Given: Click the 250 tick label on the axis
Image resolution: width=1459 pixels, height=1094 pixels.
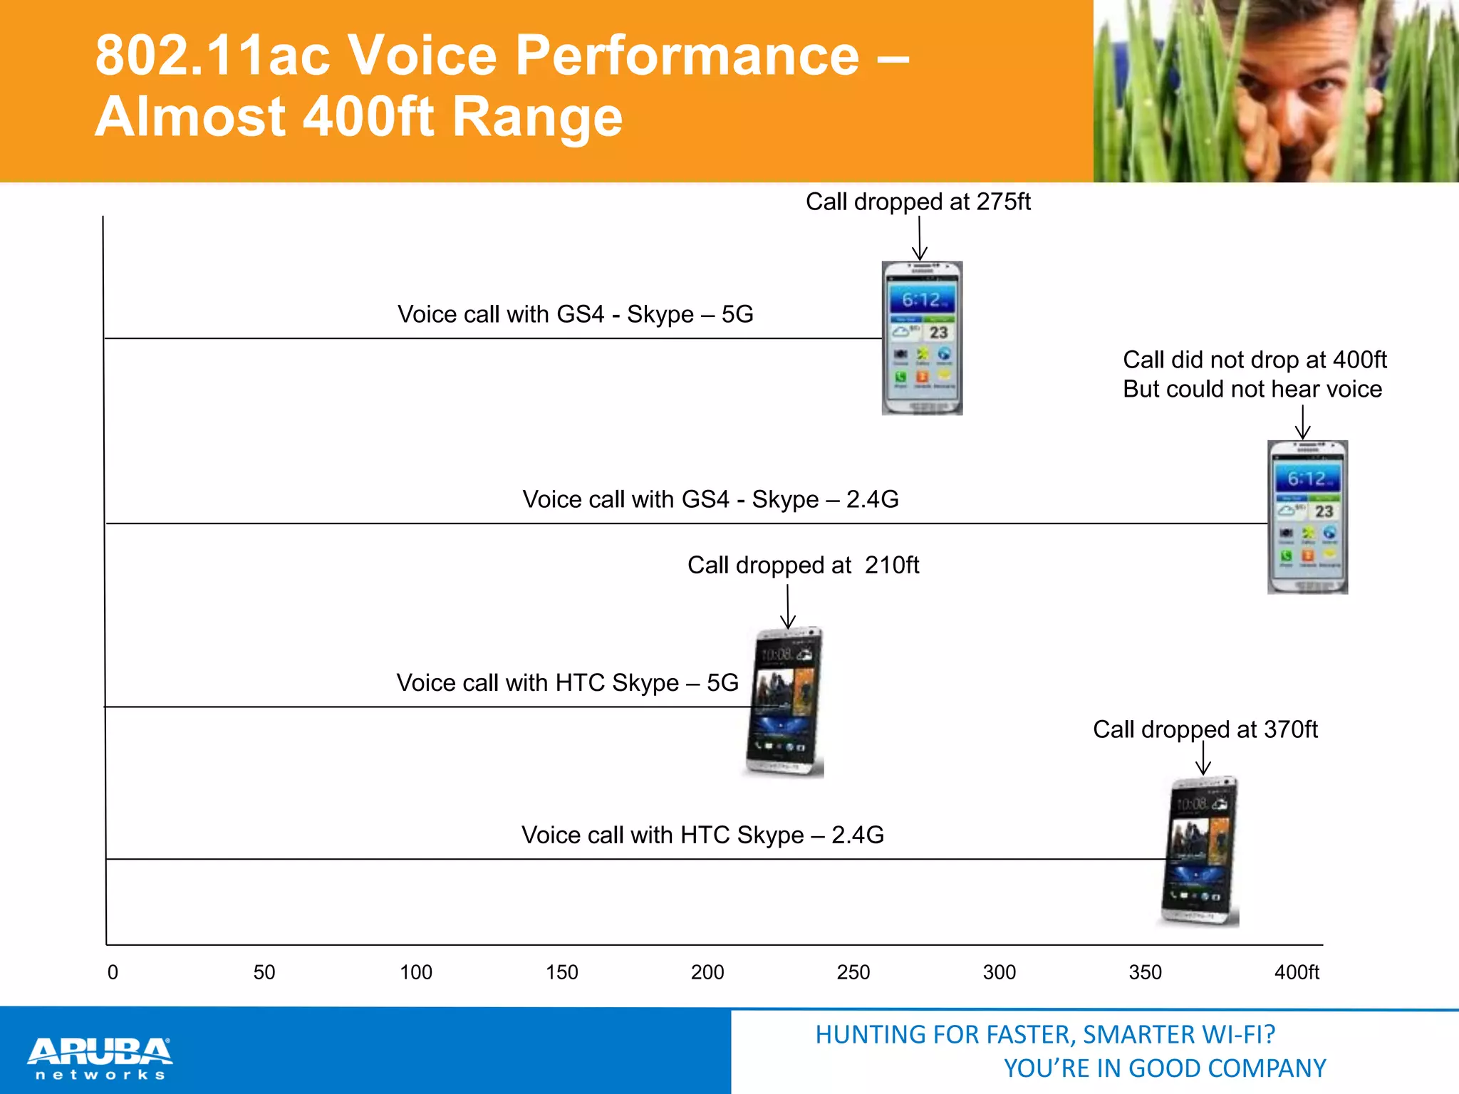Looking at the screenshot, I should click(x=853, y=972).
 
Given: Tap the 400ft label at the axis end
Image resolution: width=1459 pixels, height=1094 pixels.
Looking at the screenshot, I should click(x=1297, y=972).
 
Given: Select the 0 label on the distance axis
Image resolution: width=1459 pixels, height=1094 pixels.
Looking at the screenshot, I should click(x=113, y=972).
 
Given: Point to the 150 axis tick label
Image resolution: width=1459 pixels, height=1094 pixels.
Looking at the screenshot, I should click(x=561, y=972).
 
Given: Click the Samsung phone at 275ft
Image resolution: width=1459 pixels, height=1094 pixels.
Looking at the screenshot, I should click(x=922, y=338).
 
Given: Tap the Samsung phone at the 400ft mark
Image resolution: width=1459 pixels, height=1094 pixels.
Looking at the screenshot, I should click(x=1307, y=517).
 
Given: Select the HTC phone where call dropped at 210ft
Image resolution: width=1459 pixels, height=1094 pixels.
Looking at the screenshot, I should click(x=785, y=702).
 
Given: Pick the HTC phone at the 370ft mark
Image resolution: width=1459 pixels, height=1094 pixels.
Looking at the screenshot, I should click(x=1200, y=851).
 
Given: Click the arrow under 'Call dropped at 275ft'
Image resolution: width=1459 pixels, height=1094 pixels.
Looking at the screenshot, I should click(x=920, y=239).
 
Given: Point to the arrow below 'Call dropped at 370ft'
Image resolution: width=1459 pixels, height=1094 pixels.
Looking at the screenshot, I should click(x=1203, y=758).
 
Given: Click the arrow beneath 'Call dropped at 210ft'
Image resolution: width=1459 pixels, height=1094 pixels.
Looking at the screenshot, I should click(x=788, y=606).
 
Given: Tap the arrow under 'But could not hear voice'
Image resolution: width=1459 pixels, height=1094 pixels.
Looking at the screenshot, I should click(x=1302, y=422).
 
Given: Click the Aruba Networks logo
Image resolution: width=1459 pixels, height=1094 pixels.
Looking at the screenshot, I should click(x=100, y=1058).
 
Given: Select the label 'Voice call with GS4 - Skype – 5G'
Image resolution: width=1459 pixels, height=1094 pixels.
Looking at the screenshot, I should click(x=575, y=314).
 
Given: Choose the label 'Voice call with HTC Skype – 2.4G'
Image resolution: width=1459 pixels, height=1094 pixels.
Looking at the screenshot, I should click(x=702, y=835).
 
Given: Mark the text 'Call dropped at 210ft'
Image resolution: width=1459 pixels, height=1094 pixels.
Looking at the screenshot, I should click(x=803, y=565).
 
